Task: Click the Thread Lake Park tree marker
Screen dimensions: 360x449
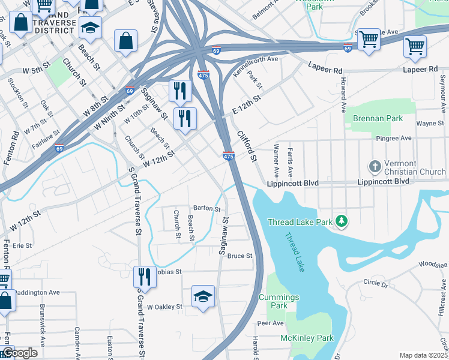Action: point(342,222)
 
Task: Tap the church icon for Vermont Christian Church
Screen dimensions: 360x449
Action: point(375,166)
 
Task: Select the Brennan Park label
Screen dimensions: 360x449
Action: point(378,119)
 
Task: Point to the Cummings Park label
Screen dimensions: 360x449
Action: point(279,301)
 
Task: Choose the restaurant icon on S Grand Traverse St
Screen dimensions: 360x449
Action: point(143,278)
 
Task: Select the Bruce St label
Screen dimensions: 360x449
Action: point(240,256)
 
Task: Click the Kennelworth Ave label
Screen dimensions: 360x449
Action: point(255,67)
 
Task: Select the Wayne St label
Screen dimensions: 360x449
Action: point(429,123)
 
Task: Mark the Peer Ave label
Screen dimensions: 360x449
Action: point(270,323)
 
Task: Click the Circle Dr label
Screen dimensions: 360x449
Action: point(377,282)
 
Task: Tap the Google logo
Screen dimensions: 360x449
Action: point(19,353)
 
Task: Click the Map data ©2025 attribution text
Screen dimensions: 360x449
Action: point(423,355)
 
